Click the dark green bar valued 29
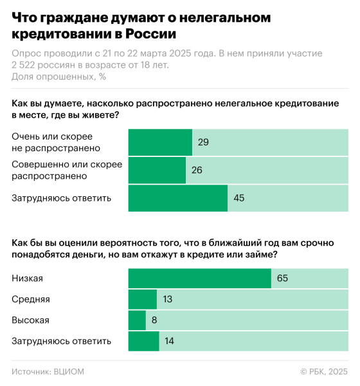[160, 142]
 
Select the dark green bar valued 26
[157, 170]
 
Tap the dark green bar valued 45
[178, 198]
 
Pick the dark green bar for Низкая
[199, 278]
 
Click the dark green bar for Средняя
[143, 299]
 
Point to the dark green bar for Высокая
[137, 320]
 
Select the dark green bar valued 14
[143, 342]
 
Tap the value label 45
[239, 198]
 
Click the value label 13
[168, 299]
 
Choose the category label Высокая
[30, 320]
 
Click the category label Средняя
[31, 299]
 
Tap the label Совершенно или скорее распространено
[67, 170]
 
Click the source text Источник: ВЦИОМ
[48, 371]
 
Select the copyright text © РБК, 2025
[324, 371]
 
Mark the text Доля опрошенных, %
[59, 77]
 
